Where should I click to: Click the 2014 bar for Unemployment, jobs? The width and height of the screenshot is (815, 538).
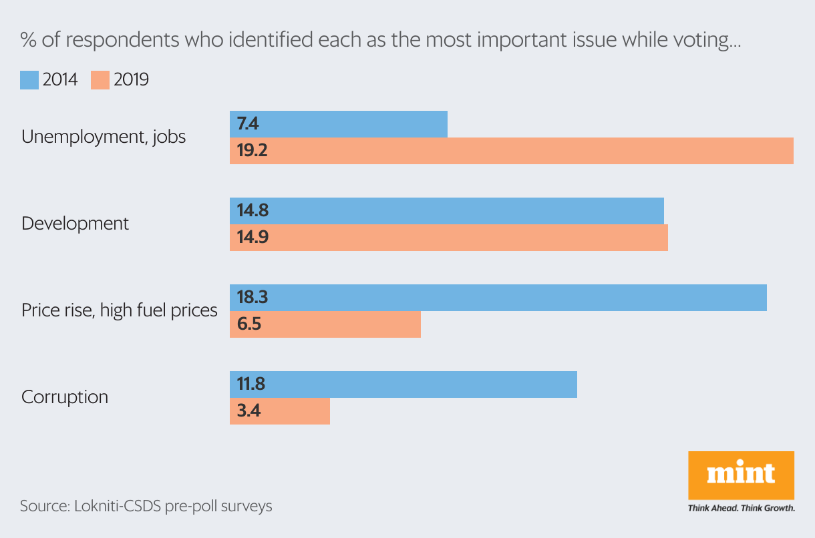(338, 124)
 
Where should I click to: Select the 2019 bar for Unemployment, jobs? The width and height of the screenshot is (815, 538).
(511, 151)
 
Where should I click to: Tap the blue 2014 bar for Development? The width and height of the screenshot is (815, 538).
(446, 211)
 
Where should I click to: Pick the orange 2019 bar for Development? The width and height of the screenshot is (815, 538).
(448, 238)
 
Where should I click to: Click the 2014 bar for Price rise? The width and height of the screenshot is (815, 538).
(498, 298)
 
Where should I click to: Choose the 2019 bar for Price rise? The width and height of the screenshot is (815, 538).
(325, 324)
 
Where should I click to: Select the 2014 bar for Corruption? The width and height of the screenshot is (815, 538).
(403, 384)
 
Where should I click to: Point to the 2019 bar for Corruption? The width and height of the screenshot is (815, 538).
(279, 411)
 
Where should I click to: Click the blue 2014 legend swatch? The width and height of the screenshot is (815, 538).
(29, 80)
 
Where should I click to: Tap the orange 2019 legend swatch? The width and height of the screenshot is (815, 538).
(100, 80)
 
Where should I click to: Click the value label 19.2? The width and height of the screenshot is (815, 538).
(253, 151)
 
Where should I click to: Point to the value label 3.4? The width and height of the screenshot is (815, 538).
(249, 411)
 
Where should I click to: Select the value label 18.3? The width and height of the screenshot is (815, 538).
(253, 298)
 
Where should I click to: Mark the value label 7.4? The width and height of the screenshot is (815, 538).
(249, 124)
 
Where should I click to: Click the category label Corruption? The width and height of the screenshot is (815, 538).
(65, 397)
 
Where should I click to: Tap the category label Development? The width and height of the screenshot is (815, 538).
(75, 224)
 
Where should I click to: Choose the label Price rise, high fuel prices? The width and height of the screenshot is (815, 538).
(120, 310)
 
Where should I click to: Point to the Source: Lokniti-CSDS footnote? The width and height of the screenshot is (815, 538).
(146, 506)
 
